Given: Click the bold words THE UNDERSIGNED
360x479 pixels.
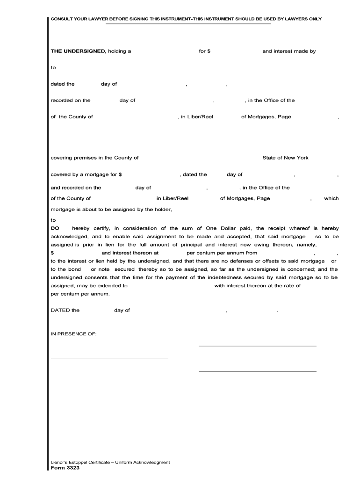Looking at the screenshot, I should pyautogui.click(x=78, y=51).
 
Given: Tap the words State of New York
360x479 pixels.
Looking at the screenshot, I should pyautogui.click(x=285, y=158).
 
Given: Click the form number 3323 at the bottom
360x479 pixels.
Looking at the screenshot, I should pyautogui.click(x=62, y=468).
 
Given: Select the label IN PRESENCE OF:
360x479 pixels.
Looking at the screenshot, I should pyautogui.click(x=73, y=334).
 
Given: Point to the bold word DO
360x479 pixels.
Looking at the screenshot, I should pyautogui.click(x=55, y=228).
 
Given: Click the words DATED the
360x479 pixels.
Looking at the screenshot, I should pyautogui.click(x=65, y=310).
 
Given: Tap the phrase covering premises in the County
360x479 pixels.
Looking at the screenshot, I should pyautogui.click(x=94, y=158).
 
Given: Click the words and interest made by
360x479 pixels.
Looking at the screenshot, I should pyautogui.click(x=289, y=51).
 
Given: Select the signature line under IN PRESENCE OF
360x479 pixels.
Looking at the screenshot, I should pyautogui.click(x=109, y=359).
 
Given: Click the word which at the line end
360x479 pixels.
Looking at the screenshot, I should pyautogui.click(x=331, y=198).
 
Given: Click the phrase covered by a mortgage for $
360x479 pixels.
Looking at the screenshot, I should pyautogui.click(x=86, y=174).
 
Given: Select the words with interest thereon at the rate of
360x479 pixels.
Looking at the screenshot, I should pyautogui.click(x=257, y=285).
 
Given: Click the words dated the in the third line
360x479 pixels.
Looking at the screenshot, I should pyautogui.click(x=63, y=84).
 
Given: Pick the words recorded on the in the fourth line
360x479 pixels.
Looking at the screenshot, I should pyautogui.click(x=71, y=101).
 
